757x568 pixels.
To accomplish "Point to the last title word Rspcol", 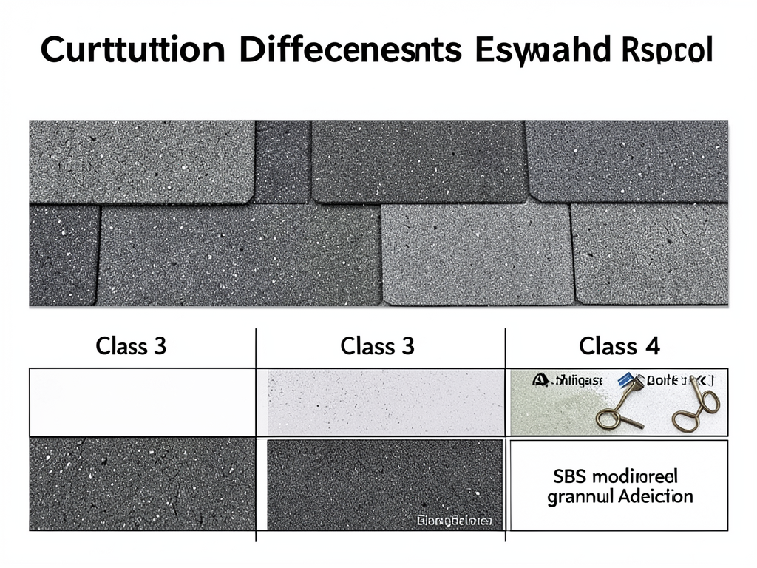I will pos(664,54).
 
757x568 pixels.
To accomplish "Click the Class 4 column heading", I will pos(619,345).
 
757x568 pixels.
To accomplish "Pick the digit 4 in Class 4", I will pos(652,345).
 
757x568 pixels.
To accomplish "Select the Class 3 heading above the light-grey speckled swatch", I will pos(377,345).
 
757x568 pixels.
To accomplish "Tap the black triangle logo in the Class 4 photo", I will pos(539,379).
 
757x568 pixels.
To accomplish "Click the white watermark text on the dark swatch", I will pos(453,521).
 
